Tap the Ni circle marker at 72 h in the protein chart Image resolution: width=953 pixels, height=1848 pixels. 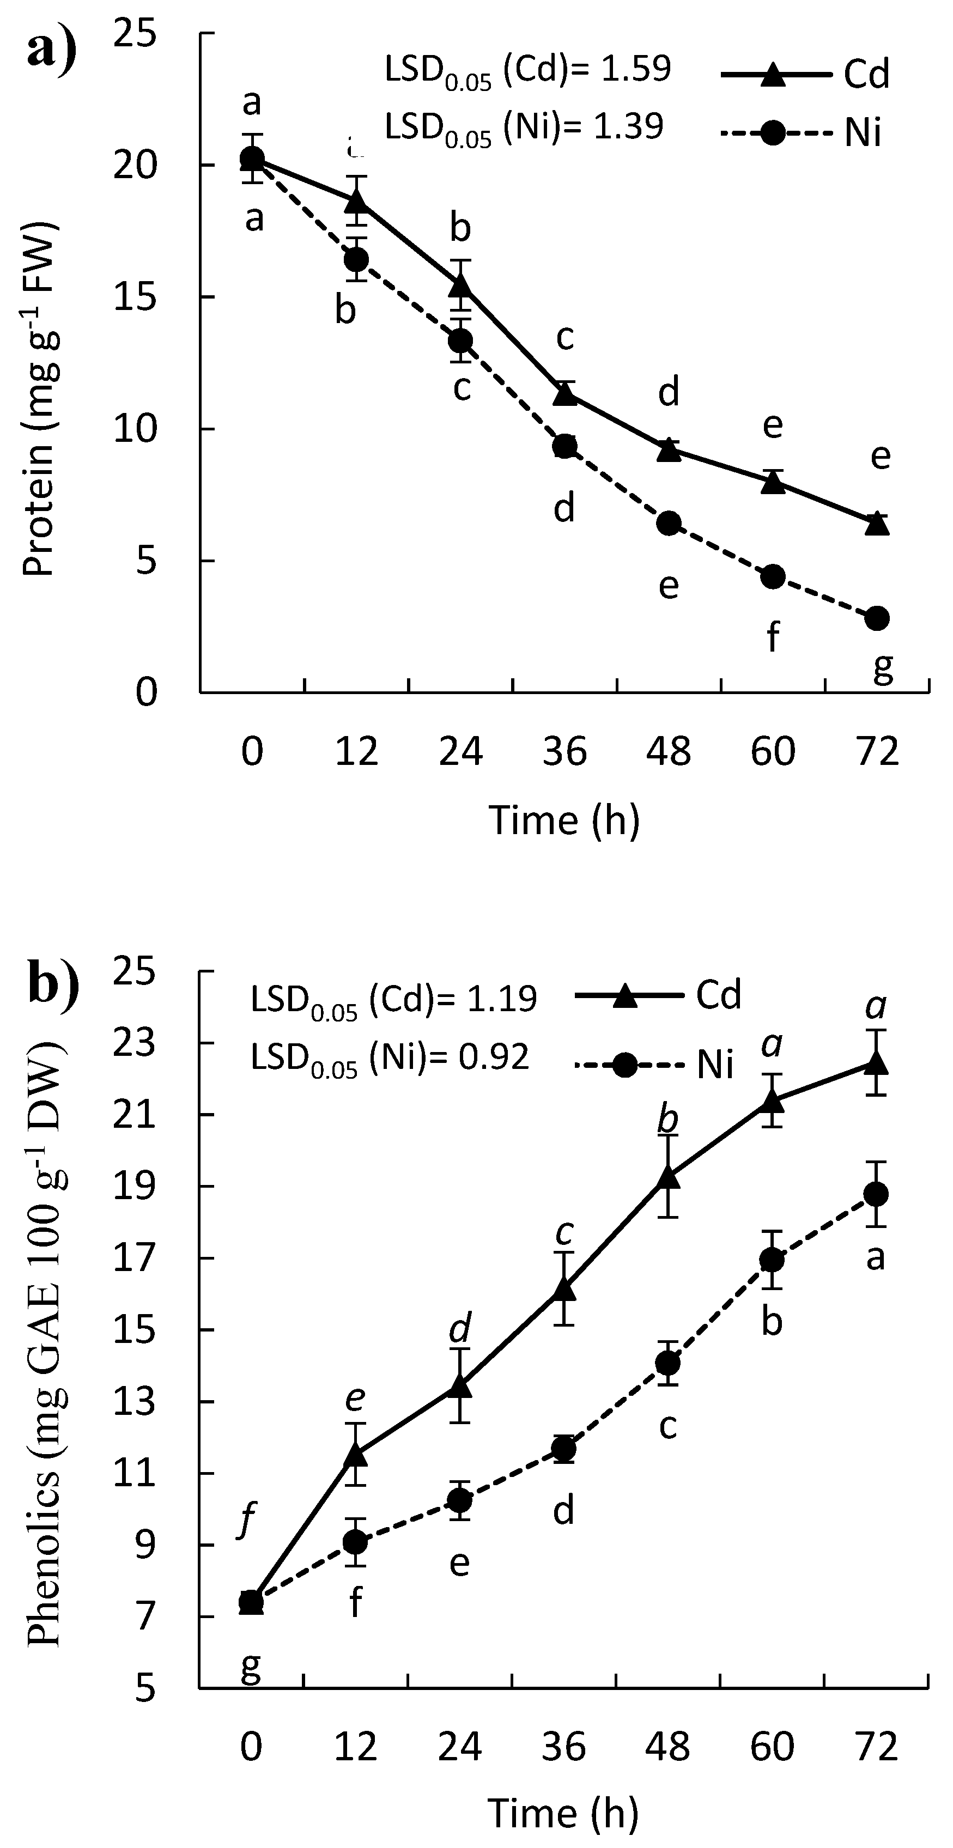click(x=877, y=618)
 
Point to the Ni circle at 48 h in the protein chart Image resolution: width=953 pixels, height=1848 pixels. click(x=669, y=524)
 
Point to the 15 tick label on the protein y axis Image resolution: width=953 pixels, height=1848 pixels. click(x=136, y=297)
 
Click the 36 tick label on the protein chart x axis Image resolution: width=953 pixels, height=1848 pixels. click(x=564, y=752)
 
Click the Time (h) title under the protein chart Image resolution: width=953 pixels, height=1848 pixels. click(x=564, y=820)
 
